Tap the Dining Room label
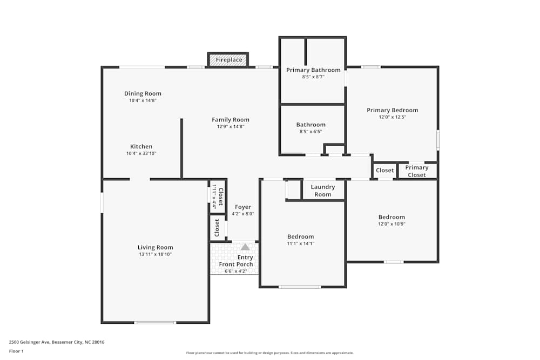[x=143, y=93]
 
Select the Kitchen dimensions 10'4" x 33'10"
[x=141, y=153]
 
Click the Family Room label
[x=231, y=120]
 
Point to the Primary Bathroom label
[x=313, y=70]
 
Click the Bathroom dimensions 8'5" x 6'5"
[x=310, y=131]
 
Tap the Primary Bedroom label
[x=392, y=110]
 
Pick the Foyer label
[x=242, y=207]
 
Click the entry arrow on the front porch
[x=245, y=247]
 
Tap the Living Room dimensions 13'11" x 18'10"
[x=155, y=254]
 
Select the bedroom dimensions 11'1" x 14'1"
[x=300, y=243]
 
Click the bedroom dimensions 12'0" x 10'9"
[x=391, y=224]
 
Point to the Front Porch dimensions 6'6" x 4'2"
[x=235, y=271]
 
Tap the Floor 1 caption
[x=16, y=351]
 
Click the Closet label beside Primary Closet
[x=385, y=171]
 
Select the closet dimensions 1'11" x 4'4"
[x=214, y=196]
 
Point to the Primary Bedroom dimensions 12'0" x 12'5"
[x=392, y=117]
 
